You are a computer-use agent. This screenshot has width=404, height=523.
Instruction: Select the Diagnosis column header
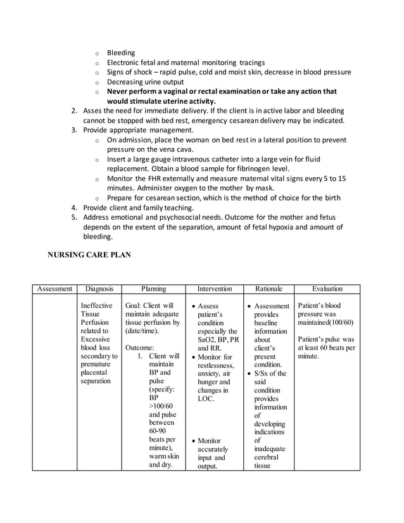pos(99,289)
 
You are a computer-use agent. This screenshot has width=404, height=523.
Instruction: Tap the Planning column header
pos(153,289)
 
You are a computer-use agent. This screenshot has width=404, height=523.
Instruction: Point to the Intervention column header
pos(214,289)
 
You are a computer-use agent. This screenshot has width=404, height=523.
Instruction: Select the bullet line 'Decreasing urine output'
pos(145,82)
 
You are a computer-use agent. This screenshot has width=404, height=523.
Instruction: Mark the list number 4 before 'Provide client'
pos(73,208)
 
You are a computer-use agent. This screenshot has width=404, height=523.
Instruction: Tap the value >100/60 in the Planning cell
pos(161,405)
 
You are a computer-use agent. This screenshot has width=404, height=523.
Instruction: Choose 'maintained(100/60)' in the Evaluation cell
pos(325,323)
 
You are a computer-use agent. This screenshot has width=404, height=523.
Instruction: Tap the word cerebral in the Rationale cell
pos(266,457)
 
